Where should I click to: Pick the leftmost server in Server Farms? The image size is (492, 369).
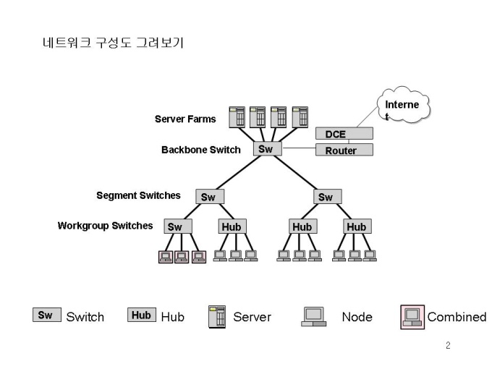pos(237,117)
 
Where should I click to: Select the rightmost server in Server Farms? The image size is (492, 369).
pos(299,117)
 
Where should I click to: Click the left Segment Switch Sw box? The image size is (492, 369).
pos(208,196)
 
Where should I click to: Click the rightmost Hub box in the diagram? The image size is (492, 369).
pos(356,226)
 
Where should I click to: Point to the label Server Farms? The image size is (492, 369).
pos(185,119)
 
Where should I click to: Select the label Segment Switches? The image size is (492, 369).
pos(138,195)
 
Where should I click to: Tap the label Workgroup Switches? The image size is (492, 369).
pos(105,226)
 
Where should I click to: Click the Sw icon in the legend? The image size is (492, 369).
pos(46,315)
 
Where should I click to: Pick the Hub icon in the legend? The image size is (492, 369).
pos(142,315)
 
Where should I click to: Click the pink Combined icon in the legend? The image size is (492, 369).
pos(412,317)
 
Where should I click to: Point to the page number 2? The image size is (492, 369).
pos(448,346)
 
